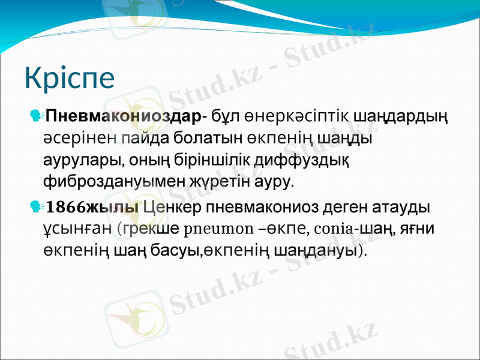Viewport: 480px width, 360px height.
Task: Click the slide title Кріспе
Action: click(x=70, y=79)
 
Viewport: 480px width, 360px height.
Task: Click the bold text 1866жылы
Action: click(x=94, y=208)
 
